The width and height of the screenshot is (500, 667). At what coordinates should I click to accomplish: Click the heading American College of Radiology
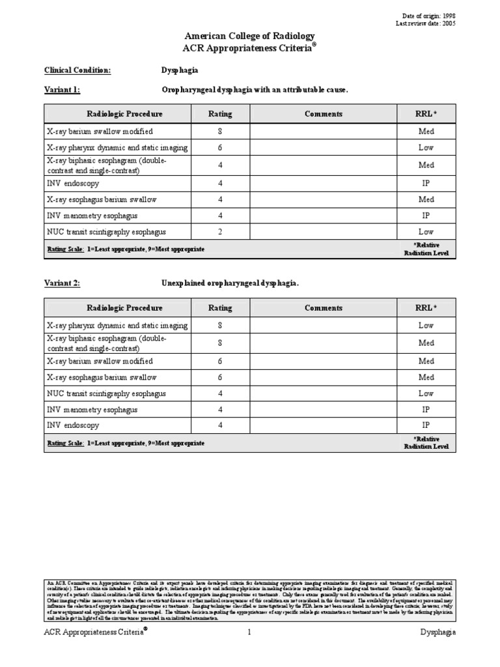[250, 36]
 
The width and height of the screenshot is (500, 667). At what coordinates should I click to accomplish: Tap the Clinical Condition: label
[77, 70]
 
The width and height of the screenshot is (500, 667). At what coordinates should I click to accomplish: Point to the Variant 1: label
[62, 89]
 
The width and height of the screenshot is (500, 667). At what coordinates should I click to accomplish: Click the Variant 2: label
[62, 283]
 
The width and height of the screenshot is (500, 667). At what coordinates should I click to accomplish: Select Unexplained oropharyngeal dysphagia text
[230, 283]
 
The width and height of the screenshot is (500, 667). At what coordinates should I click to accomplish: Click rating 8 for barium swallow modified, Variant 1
[220, 131]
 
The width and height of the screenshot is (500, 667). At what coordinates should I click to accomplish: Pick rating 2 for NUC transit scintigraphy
[220, 231]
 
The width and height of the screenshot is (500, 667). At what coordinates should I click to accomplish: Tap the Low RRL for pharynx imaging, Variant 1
[426, 148]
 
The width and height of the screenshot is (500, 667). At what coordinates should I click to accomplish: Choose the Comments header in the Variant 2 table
[324, 308]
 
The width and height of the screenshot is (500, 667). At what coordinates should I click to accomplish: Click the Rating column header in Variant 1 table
[220, 114]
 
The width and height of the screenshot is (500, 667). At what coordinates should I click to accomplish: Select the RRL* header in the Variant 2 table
[426, 308]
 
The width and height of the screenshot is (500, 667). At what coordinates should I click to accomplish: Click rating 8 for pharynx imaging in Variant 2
[220, 325]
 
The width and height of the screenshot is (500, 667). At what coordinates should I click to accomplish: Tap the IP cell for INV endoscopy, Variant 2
[426, 425]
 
